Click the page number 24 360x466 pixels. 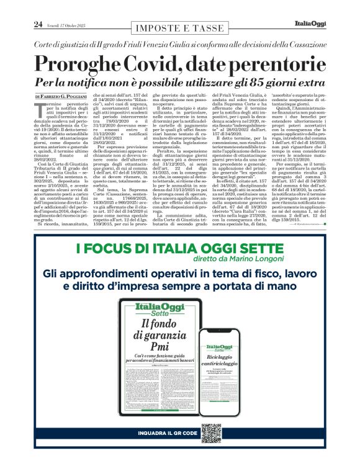pyautogui.click(x=38, y=24)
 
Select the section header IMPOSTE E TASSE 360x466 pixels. pyautogui.click(x=179, y=29)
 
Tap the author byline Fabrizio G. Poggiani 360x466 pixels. pyautogui.click(x=73, y=97)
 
